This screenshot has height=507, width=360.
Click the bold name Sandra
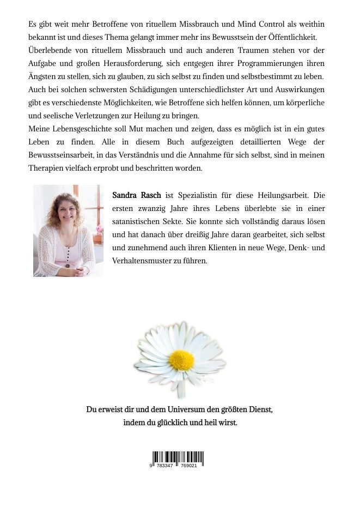coord(124,195)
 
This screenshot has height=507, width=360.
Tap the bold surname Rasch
coord(150,195)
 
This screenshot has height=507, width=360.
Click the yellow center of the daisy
coord(181,360)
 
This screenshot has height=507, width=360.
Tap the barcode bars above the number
coord(178,458)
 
